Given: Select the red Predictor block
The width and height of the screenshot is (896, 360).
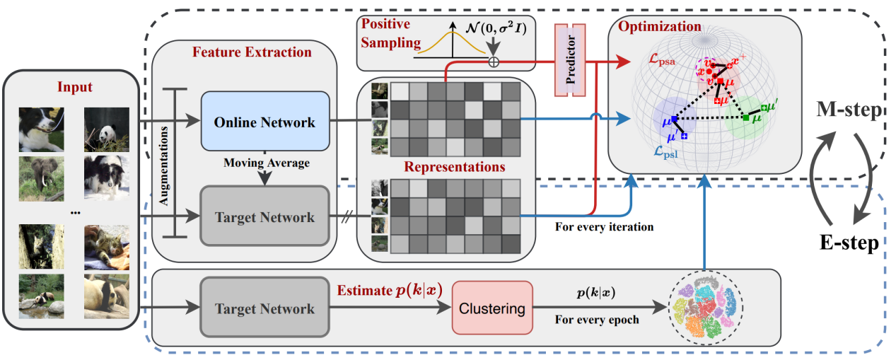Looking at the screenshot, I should click(x=571, y=61).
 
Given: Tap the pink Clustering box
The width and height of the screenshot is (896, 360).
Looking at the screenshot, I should click(x=491, y=308).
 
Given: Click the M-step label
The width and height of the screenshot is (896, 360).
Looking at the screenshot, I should click(x=848, y=111).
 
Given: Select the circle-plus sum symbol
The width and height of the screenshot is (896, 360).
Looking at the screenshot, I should click(x=494, y=62).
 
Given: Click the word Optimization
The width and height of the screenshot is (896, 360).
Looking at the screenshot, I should click(x=659, y=27).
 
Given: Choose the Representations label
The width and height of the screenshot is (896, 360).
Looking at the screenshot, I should click(x=455, y=168).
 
